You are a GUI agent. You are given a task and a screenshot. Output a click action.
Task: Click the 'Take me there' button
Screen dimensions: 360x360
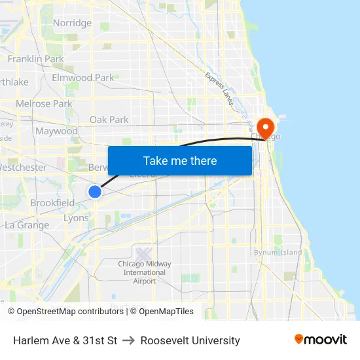coord(179,160)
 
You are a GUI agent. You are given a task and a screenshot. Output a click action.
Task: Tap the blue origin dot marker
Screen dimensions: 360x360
coord(95,191)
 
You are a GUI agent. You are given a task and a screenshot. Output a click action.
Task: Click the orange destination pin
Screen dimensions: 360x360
coord(266,127)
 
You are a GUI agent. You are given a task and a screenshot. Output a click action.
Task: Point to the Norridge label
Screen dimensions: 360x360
coord(72,23)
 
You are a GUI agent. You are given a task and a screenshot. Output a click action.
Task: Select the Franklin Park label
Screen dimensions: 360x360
coord(35,59)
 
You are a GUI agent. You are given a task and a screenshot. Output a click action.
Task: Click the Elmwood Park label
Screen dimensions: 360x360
coord(83,77)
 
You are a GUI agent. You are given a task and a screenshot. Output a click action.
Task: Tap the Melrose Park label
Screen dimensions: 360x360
coord(44,103)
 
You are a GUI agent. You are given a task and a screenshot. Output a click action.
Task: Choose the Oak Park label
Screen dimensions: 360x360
coord(109,120)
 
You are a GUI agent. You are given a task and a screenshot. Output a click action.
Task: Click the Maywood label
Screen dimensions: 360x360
coord(56,131)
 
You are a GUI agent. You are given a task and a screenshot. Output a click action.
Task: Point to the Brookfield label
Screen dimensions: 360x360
coord(52,203)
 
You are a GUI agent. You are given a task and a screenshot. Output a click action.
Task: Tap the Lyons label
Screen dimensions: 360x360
coord(76,219)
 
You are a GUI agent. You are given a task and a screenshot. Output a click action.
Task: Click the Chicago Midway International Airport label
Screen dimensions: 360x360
coord(145,272)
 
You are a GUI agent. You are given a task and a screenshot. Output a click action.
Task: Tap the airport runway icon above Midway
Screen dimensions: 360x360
coord(143,253)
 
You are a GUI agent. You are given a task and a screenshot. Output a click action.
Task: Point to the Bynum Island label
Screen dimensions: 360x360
coord(278,252)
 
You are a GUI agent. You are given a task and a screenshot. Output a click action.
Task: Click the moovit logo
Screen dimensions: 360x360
coord(320,340)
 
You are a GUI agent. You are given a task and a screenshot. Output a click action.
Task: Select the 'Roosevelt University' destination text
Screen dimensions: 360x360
coord(190,340)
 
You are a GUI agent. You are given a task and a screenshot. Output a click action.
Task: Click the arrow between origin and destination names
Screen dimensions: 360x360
coord(129,340)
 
